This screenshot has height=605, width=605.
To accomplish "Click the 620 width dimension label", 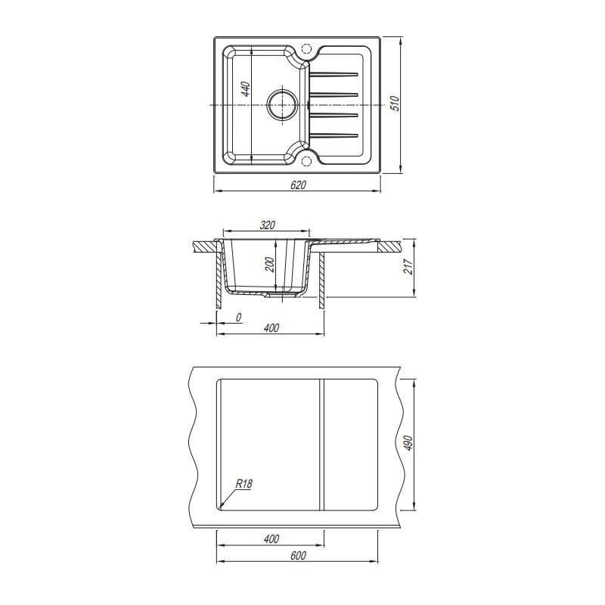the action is [x=298, y=185].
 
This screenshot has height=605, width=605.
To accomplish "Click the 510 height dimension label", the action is [x=396, y=104].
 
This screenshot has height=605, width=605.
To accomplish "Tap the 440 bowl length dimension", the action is [x=247, y=89].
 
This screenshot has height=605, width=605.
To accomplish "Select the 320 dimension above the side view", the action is [x=268, y=225].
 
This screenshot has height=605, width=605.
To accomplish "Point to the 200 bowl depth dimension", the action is [x=270, y=265].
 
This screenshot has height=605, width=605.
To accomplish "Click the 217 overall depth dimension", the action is [x=408, y=267].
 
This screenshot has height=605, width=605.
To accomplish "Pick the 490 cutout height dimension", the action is [x=408, y=443].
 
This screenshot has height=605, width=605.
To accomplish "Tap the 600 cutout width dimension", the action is [x=298, y=555].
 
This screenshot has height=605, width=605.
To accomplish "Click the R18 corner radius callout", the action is [x=244, y=484].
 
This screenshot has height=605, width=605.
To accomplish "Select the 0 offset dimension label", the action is [x=238, y=318].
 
